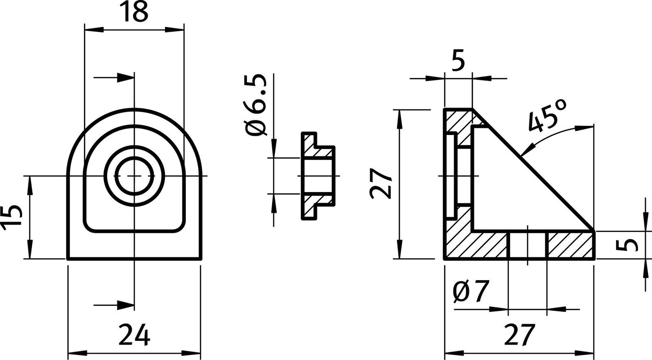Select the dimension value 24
[134, 335]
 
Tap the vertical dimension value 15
[11, 217]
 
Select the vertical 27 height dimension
[381, 183]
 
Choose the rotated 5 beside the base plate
[626, 245]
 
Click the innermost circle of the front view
[134, 176]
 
